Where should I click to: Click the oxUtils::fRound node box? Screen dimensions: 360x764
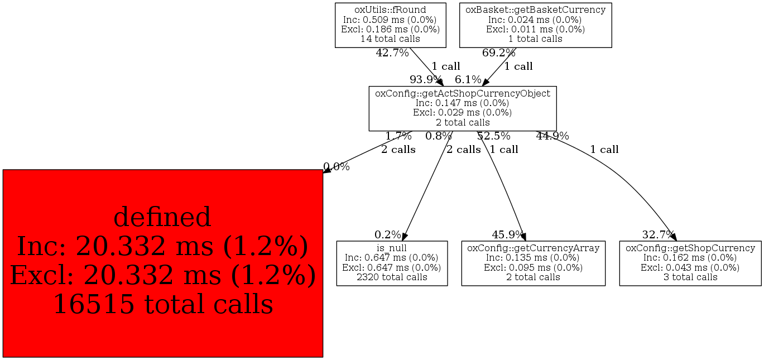coord(390,25)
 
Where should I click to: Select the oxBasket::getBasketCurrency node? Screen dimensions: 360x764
coord(535,25)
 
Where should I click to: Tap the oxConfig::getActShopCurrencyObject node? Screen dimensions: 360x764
coord(462,108)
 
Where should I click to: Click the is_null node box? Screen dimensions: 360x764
coord(392,263)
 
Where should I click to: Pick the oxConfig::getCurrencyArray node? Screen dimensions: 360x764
coord(533,263)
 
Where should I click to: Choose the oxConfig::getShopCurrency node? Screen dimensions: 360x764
coord(690,263)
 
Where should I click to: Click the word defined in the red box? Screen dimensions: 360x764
coord(162,217)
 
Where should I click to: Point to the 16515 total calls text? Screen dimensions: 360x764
coord(162,304)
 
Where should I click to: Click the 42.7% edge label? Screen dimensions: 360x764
coord(392,54)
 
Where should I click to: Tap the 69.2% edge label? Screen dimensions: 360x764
coord(499,54)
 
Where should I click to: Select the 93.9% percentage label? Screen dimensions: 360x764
coord(426,80)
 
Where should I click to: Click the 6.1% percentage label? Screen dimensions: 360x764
coord(468,80)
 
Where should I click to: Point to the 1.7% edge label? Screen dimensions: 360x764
coord(398,136)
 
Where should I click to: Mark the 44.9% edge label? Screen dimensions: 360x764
coord(552,136)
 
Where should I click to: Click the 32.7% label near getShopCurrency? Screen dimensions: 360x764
coord(659,235)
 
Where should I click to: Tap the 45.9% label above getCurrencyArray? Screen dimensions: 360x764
coord(508,235)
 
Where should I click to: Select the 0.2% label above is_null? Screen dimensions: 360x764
coord(388,235)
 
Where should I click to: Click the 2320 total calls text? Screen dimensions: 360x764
coord(392,277)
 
